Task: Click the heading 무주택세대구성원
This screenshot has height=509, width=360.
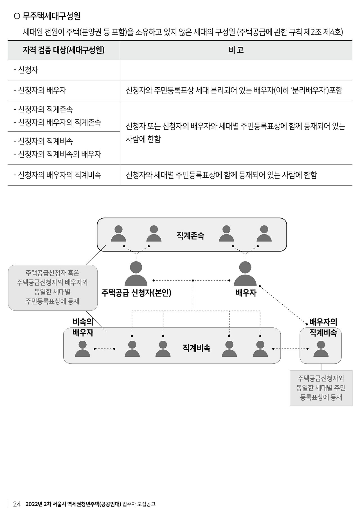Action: (51, 16)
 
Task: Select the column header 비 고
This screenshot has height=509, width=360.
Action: (236, 50)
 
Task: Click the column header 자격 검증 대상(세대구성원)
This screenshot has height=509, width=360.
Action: (64, 50)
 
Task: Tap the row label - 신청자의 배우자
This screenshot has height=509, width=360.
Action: (40, 91)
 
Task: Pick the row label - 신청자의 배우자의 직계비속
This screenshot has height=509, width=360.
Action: (57, 175)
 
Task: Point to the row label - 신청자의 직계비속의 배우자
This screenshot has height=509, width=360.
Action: (57, 154)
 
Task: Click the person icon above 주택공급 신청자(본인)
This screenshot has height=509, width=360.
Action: (136, 274)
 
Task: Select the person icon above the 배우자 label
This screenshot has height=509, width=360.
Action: (245, 274)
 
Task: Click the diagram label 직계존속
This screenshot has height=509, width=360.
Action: (190, 236)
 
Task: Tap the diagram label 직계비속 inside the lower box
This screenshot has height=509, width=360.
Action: (197, 348)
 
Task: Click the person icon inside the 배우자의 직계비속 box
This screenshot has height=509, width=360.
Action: (321, 349)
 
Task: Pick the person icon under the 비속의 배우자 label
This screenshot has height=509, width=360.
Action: (83, 349)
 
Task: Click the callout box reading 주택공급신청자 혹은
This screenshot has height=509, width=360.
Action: (53, 287)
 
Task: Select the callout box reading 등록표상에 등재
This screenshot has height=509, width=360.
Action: (321, 388)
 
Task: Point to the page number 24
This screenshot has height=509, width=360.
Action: (17, 504)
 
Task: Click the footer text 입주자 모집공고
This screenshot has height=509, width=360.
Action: (139, 504)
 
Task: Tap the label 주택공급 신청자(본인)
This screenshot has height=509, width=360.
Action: (136, 293)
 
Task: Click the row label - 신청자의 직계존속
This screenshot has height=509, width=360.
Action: (43, 109)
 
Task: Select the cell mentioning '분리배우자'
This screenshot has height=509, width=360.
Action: (234, 91)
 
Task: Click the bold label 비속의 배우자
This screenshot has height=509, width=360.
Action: (83, 327)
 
